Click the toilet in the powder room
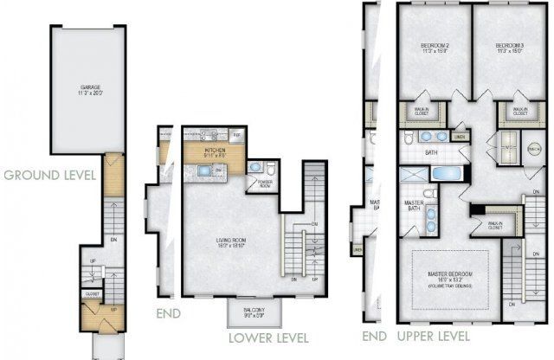(270, 167)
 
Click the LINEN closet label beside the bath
(460, 137)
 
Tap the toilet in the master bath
(429, 195)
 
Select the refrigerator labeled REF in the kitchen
(237, 136)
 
